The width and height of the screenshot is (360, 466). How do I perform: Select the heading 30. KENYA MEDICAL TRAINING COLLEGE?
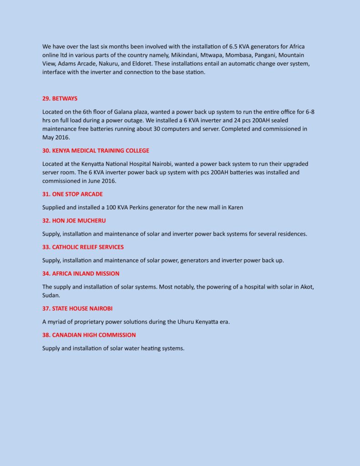pos(96,151)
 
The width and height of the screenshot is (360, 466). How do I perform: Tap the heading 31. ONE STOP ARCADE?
pos(72,194)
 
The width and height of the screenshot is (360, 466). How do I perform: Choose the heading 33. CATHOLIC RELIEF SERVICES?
pos(83,247)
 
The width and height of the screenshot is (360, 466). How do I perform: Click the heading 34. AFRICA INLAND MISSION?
pos(81,274)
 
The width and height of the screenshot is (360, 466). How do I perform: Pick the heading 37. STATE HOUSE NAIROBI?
pos(74,309)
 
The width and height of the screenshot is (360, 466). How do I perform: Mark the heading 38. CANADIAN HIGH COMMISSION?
pos(89,335)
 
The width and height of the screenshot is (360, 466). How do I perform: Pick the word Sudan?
pos(51,295)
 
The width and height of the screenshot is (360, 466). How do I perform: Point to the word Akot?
pos(306,287)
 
